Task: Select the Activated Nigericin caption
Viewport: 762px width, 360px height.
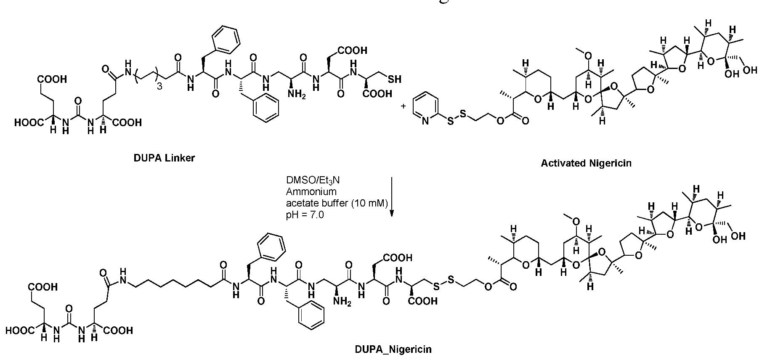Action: (586, 163)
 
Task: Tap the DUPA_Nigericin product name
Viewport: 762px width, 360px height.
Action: (393, 349)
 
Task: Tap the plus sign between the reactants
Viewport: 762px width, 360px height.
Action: (403, 106)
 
